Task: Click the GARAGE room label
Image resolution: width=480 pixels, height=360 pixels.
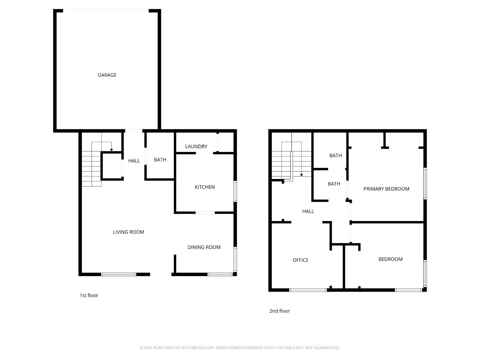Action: tap(107, 75)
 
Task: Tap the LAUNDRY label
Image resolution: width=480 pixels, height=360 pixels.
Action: tap(196, 146)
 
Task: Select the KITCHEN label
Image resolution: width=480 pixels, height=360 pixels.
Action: tap(205, 187)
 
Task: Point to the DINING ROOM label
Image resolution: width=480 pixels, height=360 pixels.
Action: tap(204, 247)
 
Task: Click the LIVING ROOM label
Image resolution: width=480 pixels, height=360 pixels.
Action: tap(128, 232)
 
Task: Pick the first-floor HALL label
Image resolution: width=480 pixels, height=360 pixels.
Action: tap(134, 161)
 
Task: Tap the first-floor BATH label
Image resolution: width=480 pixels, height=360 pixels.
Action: tap(160, 160)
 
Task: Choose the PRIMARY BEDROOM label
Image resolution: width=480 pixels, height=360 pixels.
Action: tap(386, 189)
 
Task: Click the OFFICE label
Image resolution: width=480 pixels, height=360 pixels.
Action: tap(300, 260)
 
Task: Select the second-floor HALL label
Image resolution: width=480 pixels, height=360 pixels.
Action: tap(308, 211)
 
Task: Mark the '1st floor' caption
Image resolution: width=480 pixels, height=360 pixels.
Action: tap(89, 295)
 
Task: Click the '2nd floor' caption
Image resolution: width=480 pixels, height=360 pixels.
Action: tap(279, 311)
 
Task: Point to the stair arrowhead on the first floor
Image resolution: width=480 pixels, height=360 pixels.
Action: tap(112, 150)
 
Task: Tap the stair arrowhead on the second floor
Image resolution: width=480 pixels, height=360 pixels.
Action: tap(301, 175)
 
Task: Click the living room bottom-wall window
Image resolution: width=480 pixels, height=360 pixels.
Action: tap(118, 274)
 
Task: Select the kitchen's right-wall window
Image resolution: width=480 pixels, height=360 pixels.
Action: tap(235, 191)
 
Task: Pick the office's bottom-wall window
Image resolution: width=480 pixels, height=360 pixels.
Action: tap(308, 290)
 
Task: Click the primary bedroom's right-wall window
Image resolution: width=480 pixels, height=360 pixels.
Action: tap(425, 183)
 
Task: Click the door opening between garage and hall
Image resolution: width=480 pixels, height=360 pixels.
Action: tap(134, 131)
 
